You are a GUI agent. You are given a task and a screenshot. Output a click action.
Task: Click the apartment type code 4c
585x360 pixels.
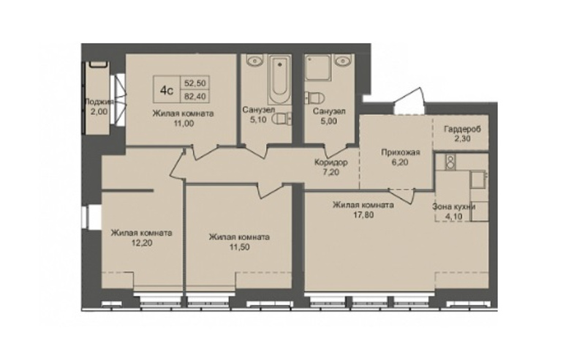click(167, 90)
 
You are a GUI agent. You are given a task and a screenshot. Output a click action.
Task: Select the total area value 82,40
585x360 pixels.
click(195, 96)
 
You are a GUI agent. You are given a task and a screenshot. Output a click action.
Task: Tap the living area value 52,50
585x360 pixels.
click(195, 83)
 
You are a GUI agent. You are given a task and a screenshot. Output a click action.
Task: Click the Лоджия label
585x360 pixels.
click(98, 101)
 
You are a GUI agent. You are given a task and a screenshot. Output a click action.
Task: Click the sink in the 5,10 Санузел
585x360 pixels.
click(254, 60)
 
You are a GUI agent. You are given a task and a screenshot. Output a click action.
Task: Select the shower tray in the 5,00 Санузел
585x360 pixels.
click(317, 67)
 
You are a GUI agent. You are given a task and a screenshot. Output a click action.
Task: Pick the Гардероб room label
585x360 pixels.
click(462, 130)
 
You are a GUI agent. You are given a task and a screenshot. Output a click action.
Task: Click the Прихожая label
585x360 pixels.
click(400, 152)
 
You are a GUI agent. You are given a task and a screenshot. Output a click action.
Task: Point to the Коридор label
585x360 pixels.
click(331, 162)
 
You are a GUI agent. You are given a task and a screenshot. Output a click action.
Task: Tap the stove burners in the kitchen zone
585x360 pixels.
click(450, 161)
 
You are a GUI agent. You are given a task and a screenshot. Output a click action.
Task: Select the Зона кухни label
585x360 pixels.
click(453, 206)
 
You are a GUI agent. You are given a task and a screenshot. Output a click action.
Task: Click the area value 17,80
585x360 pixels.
click(363, 214)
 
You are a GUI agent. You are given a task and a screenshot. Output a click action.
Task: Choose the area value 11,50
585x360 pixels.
click(239, 247)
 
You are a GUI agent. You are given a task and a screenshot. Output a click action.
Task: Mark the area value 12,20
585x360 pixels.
click(141, 243)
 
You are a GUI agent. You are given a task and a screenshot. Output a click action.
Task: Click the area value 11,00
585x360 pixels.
click(184, 123)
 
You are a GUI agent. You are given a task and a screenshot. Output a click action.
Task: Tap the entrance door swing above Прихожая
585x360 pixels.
click(409, 101)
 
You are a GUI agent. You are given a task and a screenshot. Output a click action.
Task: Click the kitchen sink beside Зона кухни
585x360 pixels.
click(478, 179)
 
